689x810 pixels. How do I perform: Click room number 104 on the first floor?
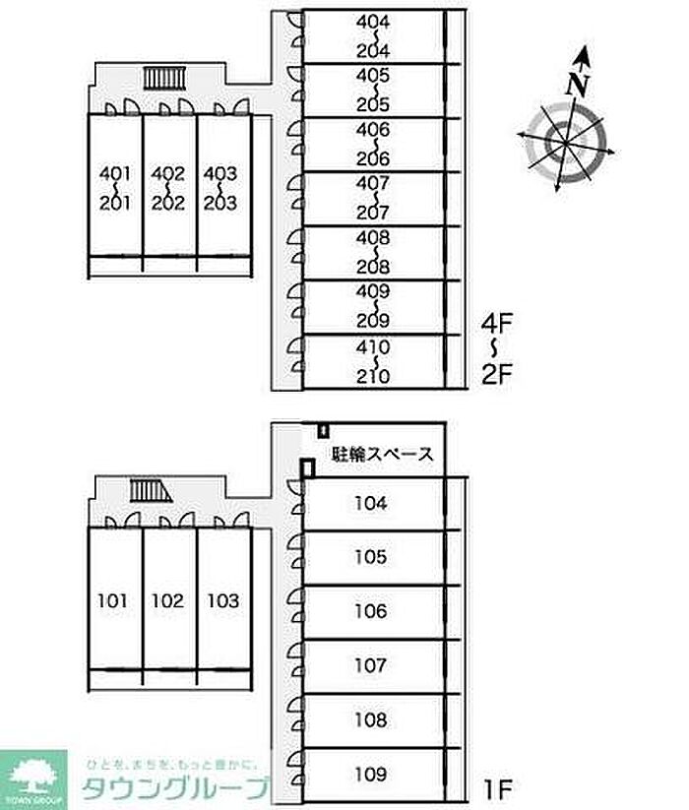pos(370,504)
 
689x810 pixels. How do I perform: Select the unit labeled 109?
pos(370,774)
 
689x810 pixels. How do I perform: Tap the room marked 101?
pos(114,600)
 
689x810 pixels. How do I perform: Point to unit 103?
pos(222,600)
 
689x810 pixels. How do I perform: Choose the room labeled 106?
pos(370,611)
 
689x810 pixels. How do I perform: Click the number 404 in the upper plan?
pos(374,21)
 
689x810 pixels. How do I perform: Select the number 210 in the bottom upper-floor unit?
pos(374,375)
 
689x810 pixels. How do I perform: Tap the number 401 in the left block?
pos(115,174)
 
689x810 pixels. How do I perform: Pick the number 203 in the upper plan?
pos(220,204)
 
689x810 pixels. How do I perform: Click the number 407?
pos(374,183)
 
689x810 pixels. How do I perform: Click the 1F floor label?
pos(498,788)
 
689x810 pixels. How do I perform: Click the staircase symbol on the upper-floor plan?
pos(158,78)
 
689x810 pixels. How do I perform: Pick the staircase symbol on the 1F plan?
pos(147,490)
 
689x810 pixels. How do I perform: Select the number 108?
pos(370,719)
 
